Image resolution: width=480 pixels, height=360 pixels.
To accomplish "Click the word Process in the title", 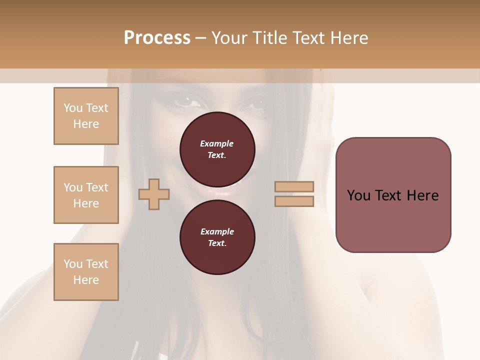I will click(x=157, y=38).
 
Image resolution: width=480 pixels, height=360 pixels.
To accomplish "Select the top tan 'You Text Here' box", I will click(x=86, y=116).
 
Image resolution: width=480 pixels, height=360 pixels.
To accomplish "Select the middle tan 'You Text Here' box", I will click(x=86, y=195).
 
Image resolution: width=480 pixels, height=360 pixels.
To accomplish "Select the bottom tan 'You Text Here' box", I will click(x=86, y=272).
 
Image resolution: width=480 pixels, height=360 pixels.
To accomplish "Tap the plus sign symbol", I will click(x=154, y=194).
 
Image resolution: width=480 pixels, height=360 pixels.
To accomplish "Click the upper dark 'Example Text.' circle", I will click(x=217, y=149).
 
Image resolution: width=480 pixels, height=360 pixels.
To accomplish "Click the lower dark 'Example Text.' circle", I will click(x=217, y=237).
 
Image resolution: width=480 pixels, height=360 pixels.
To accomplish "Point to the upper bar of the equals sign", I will click(x=294, y=186).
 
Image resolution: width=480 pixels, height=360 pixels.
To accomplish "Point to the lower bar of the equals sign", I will click(x=294, y=201).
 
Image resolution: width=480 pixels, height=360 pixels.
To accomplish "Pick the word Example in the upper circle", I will click(x=217, y=143).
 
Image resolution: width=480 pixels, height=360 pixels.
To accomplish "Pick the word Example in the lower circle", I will click(x=217, y=231).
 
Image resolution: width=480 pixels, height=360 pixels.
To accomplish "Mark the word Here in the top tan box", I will click(x=86, y=124).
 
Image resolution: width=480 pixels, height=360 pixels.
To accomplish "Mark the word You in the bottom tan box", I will click(x=73, y=264).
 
